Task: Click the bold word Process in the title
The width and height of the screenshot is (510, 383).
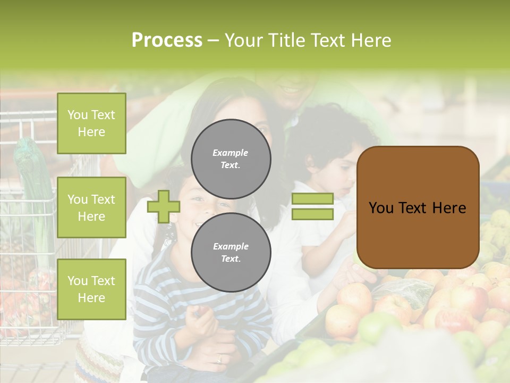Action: point(167,40)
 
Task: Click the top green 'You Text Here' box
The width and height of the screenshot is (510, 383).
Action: point(91,123)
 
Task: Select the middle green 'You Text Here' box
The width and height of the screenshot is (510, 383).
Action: point(91,207)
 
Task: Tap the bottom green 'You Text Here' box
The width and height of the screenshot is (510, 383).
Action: point(91,289)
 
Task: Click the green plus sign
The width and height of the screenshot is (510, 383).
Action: point(163,206)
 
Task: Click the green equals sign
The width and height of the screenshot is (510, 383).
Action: point(312,206)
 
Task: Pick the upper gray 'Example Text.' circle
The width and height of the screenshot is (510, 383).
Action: point(231,159)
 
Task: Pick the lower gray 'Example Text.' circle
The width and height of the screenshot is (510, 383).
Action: point(231,253)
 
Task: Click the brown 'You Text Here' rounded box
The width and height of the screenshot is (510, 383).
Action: point(418,207)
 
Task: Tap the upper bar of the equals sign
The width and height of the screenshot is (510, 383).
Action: point(312,199)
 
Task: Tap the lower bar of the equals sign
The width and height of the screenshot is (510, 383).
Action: point(312,214)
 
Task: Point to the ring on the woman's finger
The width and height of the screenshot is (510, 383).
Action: point(219,359)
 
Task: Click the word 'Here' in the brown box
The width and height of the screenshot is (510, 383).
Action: point(448,208)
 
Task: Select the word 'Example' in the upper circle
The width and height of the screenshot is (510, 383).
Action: point(231,153)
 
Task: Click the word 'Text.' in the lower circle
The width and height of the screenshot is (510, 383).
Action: point(231,259)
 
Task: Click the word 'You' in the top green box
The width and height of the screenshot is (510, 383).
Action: point(78,115)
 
